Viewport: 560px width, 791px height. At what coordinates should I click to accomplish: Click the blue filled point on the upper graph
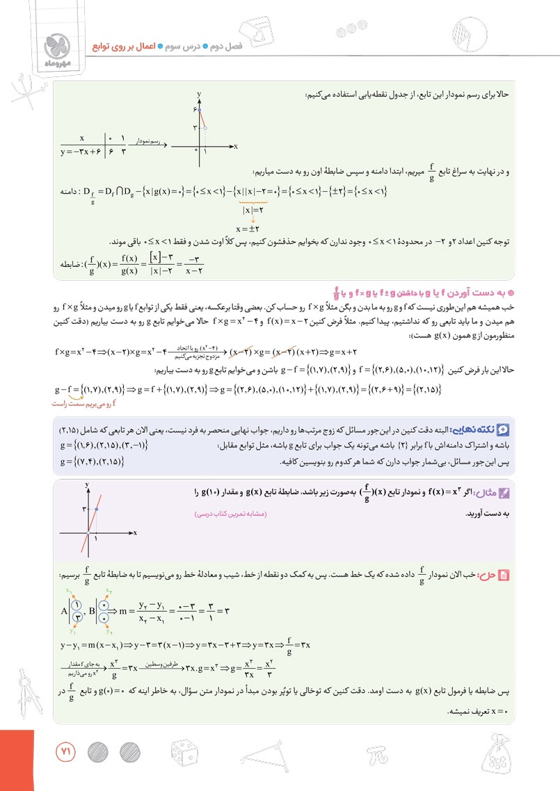pos(199,111)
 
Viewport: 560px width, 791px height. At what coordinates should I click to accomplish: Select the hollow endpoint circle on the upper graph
pos(205,129)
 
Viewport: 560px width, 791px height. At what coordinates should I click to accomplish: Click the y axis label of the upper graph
pos(199,93)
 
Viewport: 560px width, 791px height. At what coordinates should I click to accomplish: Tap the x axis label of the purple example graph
pos(135,532)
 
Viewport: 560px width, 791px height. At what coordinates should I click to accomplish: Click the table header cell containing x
pos(82,137)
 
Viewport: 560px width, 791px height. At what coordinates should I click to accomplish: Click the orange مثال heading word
pos(489,491)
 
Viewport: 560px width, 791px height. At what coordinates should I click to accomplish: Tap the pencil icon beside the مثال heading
pos(506,492)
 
